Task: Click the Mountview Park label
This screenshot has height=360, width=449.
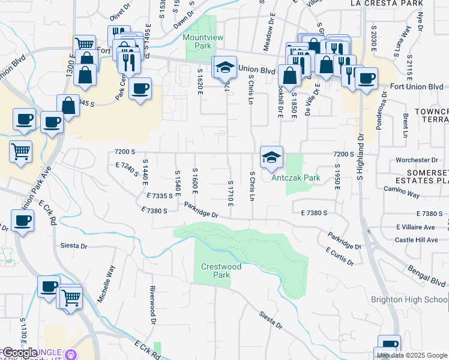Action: coord(203,41)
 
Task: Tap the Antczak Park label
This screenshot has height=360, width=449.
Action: coord(296,178)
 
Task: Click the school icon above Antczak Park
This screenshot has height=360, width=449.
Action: coord(271,157)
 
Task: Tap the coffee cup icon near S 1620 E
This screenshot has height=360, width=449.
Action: coord(140,89)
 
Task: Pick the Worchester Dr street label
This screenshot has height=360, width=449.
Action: coord(417,160)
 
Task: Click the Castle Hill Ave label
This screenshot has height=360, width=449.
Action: coord(416,240)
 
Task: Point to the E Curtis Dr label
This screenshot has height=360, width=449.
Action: coord(340,256)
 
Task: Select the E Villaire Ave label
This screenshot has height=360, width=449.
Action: coord(415,227)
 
